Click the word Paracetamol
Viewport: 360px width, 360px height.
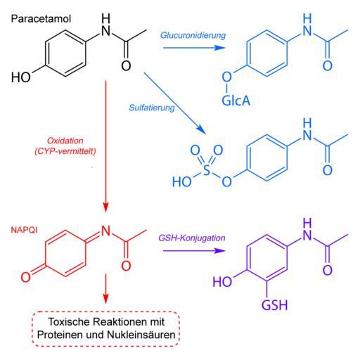[x=41, y=19]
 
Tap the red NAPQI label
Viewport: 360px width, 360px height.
[x=24, y=230]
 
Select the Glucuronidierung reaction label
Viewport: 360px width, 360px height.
[x=193, y=36]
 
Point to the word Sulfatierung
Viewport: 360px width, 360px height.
[x=152, y=108]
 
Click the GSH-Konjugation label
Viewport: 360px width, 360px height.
[x=192, y=238]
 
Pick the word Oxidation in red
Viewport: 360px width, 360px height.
[x=65, y=141]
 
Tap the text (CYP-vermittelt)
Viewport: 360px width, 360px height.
[x=65, y=151]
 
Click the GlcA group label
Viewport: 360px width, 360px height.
[x=236, y=101]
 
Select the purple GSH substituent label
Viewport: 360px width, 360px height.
[x=274, y=305]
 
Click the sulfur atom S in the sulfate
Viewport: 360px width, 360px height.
[x=207, y=169]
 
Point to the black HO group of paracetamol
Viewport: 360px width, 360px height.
[x=21, y=77]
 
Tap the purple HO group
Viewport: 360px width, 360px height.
[x=222, y=281]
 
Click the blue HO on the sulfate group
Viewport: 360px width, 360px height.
[x=182, y=181]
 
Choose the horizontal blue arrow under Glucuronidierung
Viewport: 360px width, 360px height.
[x=194, y=48]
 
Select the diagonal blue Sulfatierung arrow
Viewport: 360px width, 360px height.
[x=175, y=103]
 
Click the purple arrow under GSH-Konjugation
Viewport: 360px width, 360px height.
[x=194, y=251]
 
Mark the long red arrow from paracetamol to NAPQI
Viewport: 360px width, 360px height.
[x=105, y=147]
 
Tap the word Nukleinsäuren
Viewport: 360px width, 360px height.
[x=141, y=335]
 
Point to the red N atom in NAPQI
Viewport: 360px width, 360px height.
[x=105, y=231]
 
